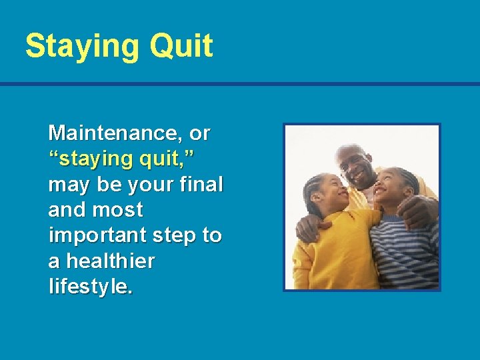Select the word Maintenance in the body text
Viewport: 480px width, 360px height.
pyautogui.click(x=116, y=133)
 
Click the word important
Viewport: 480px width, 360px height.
pyautogui.click(x=99, y=236)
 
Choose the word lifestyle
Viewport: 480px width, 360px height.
pyautogui.click(x=91, y=287)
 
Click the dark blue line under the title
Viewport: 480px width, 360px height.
pyautogui.click(x=240, y=85)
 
